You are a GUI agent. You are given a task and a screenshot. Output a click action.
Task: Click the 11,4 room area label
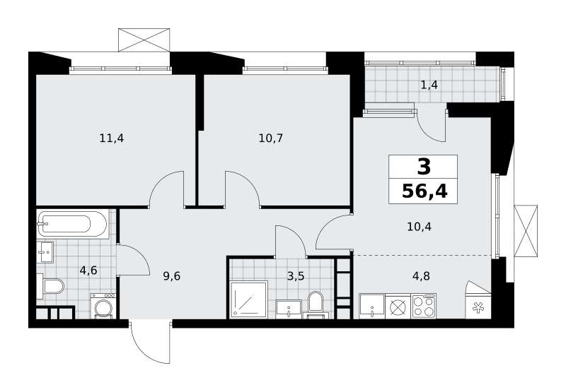click(112, 138)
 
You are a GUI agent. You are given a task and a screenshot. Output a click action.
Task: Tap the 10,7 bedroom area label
click(271, 138)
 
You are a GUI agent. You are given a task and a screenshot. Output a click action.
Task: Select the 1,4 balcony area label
click(429, 85)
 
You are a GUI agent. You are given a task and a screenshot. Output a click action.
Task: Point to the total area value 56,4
click(424, 191)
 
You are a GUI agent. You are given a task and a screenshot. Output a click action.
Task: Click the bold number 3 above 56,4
click(424, 167)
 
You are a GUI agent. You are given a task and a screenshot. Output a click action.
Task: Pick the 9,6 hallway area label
click(171, 276)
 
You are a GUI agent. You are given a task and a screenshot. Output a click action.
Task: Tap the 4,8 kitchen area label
click(421, 276)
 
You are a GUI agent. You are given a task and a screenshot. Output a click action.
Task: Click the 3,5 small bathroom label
click(296, 276)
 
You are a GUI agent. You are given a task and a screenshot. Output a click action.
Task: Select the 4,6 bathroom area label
click(88, 270)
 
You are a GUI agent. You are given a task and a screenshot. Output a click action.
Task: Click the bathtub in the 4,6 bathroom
click(72, 224)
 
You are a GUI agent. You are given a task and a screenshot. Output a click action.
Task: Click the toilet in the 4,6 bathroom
click(50, 286)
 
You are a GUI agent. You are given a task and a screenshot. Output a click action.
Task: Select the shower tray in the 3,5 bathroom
click(249, 299)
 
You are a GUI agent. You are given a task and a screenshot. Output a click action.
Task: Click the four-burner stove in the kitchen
click(424, 307)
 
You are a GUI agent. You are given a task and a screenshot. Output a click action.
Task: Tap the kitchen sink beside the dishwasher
click(372, 307)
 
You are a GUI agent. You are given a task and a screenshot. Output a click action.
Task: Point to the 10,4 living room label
click(419, 227)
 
